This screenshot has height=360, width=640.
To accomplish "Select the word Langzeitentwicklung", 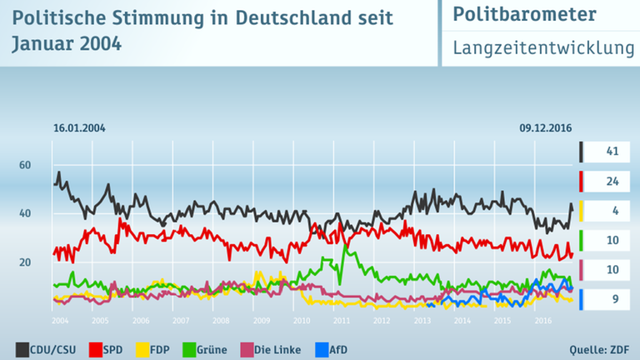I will [x=543, y=48].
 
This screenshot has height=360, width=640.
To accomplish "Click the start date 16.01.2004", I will [x=79, y=128].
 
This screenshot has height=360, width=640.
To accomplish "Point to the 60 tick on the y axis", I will [x=24, y=165].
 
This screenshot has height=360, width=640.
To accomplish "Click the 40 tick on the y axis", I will [x=24, y=213].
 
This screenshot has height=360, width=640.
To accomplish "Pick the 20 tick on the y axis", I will [x=24, y=262].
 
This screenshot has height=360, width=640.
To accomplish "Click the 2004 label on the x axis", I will [x=60, y=321].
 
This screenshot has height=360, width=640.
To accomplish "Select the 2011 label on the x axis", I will [x=342, y=321].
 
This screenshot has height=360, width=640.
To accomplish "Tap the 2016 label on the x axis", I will [x=542, y=321].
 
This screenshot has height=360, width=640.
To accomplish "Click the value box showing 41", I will [x=610, y=152].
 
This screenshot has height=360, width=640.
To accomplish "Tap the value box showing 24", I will [x=610, y=181].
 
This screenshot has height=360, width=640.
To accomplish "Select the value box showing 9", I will [x=610, y=297].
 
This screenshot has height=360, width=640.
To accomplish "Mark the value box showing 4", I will [x=610, y=210].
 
